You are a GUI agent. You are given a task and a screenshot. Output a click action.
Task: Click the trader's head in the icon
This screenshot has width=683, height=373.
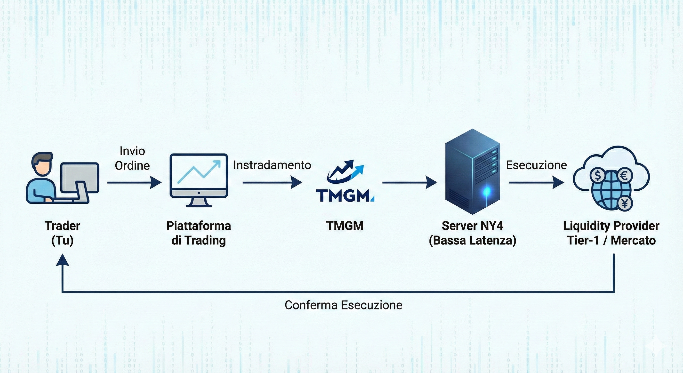[x=42, y=164]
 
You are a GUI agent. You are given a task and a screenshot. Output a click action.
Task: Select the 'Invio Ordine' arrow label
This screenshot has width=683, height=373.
[x=132, y=158]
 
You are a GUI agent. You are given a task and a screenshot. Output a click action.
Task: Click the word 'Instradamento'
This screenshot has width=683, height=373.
[x=272, y=165]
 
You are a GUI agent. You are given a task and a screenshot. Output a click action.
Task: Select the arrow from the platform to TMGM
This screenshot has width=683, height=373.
[x=272, y=183]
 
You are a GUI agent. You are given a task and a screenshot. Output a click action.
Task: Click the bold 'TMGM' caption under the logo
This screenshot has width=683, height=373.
[x=345, y=226]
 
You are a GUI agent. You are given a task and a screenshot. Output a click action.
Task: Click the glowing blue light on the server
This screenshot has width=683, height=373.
[x=487, y=192]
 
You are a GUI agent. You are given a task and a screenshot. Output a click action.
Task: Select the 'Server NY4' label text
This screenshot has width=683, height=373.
[x=472, y=226]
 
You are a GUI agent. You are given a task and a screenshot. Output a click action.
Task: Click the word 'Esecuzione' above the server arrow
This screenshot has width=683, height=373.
[x=536, y=165]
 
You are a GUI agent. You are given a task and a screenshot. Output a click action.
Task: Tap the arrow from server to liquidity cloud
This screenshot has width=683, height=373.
[x=536, y=183]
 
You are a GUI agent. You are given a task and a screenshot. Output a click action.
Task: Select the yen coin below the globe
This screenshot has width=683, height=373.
[x=625, y=203]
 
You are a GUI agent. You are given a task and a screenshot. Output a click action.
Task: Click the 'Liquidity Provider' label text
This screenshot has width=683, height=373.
[x=611, y=226]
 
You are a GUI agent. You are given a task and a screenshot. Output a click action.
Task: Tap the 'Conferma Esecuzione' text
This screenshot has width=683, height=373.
[x=344, y=305]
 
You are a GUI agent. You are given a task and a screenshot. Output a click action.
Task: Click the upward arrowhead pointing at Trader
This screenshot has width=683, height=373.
[x=62, y=260]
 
